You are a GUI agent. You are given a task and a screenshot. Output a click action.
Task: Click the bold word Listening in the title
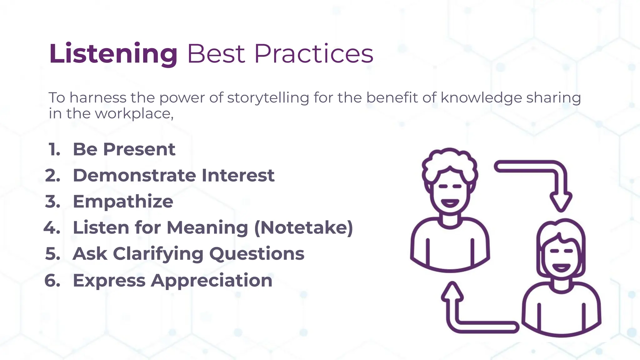(x=113, y=54)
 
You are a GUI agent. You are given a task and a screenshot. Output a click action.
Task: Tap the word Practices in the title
(x=314, y=54)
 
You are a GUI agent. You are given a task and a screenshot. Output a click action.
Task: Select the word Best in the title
(x=216, y=54)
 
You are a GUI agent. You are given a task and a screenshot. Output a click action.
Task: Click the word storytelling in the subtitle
(x=268, y=97)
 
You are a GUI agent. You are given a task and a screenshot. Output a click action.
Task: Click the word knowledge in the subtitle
(x=481, y=97)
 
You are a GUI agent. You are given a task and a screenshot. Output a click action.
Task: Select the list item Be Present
(x=124, y=149)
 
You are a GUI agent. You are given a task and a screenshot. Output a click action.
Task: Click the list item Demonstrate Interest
(x=173, y=175)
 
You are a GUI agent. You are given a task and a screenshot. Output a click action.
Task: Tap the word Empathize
(x=123, y=202)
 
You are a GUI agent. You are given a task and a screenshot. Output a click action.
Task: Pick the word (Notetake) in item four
(x=303, y=227)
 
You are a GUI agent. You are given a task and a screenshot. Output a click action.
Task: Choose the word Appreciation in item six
(x=212, y=280)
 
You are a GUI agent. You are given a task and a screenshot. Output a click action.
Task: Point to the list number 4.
(x=52, y=227)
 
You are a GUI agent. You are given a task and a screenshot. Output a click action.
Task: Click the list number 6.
(x=52, y=280)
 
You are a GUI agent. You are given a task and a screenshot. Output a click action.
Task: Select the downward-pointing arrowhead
(x=561, y=202)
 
